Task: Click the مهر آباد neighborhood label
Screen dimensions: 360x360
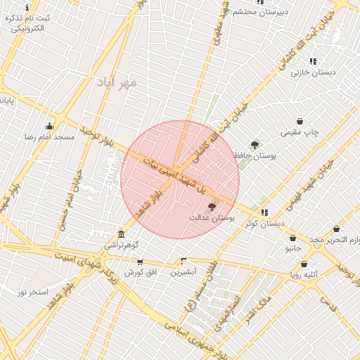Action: pos(118,83)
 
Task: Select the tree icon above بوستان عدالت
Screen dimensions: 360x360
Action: pos(212,207)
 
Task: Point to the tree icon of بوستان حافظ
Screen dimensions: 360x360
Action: pos(255,145)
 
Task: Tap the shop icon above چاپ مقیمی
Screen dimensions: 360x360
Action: pos(300,121)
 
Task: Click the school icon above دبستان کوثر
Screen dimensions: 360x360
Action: pos(264,212)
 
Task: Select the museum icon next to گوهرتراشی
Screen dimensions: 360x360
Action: pos(122,234)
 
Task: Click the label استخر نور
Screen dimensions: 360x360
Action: pos(32,291)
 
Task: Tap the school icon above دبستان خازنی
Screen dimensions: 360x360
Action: pos(313,61)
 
